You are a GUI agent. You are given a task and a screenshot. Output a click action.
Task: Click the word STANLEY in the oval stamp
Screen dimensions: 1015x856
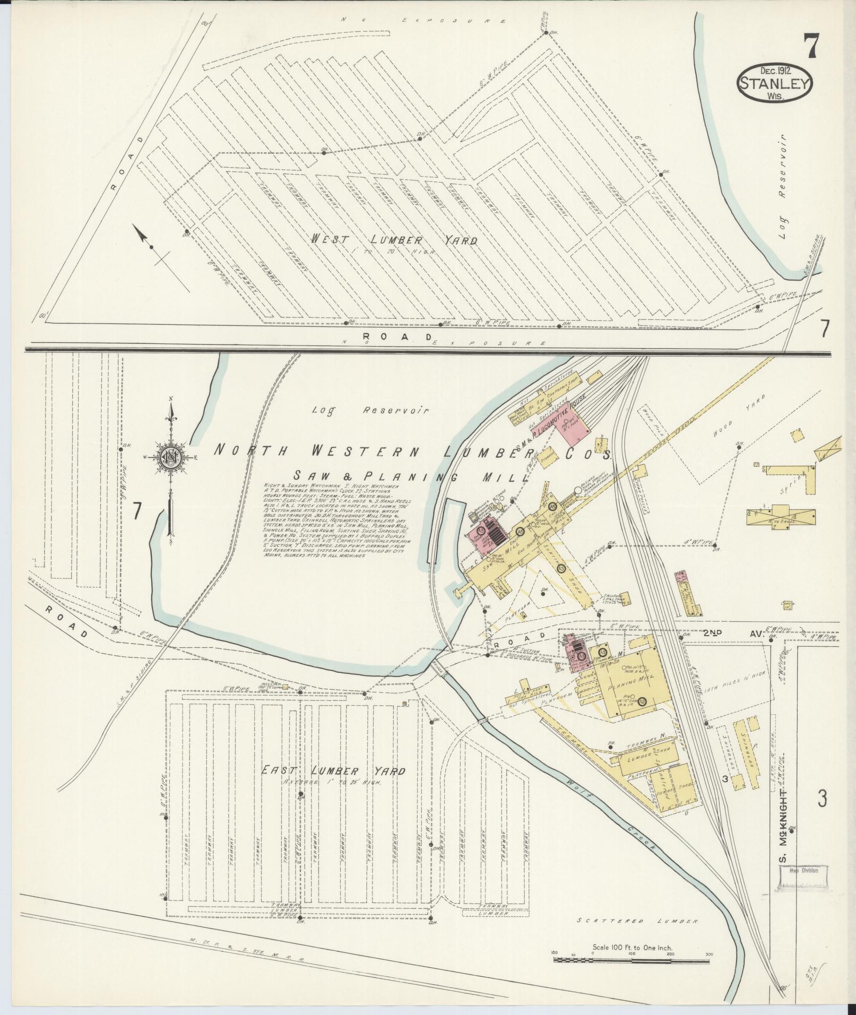774,83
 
